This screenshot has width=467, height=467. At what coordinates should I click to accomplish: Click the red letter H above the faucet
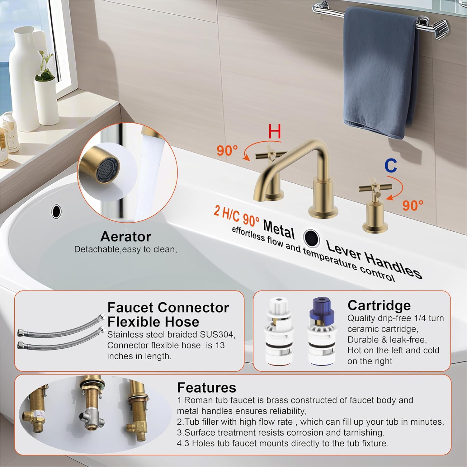click(275, 131)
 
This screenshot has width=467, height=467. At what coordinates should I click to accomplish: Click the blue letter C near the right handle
click(390, 166)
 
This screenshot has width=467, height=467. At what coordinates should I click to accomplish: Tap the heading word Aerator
click(126, 237)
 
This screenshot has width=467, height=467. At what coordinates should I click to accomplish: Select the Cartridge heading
click(379, 306)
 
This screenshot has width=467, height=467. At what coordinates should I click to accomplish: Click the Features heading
click(206, 388)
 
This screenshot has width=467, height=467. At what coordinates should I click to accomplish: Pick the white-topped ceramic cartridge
click(278, 332)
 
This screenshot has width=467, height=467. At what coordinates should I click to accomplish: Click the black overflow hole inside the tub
click(56, 211)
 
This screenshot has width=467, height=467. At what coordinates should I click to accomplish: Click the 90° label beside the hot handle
click(227, 151)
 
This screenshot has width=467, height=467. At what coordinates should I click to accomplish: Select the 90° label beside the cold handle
click(413, 205)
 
